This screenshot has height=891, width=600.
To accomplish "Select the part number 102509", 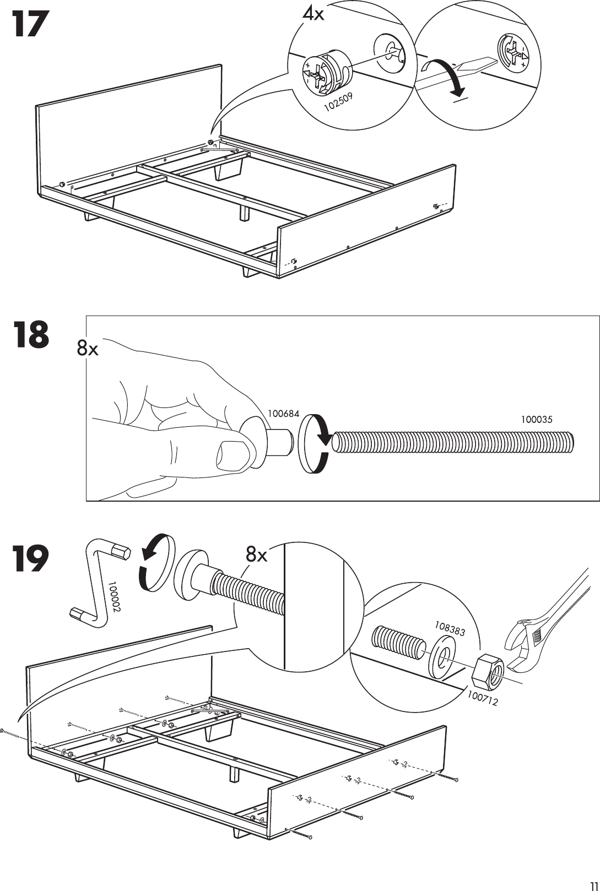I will (338, 102).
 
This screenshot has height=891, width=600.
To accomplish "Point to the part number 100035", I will (536, 420).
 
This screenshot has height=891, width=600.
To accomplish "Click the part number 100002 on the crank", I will (114, 597).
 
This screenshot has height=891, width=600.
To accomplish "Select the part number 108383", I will (450, 628).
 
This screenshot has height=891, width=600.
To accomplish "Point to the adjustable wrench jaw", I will (521, 644).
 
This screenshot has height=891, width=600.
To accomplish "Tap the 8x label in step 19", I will (257, 556).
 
